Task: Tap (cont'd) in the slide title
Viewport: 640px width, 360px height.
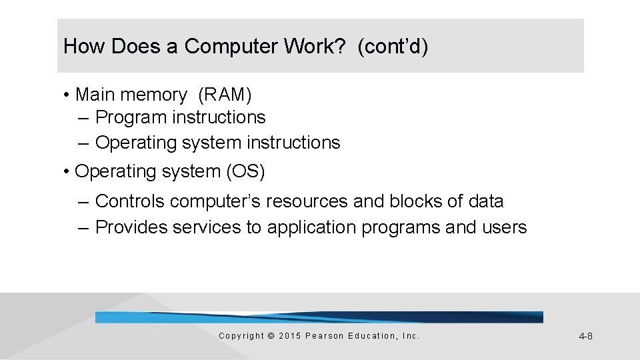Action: [x=393, y=47]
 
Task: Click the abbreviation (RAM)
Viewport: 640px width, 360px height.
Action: [x=225, y=95]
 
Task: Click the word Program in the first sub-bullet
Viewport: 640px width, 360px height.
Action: [x=131, y=118]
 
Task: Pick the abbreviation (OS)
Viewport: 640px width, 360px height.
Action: [x=245, y=171]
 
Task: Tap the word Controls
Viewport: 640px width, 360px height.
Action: [x=130, y=201]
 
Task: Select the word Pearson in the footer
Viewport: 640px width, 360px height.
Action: [x=323, y=336]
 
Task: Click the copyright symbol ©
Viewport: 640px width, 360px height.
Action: [x=270, y=336]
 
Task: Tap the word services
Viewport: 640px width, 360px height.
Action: [x=208, y=227]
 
